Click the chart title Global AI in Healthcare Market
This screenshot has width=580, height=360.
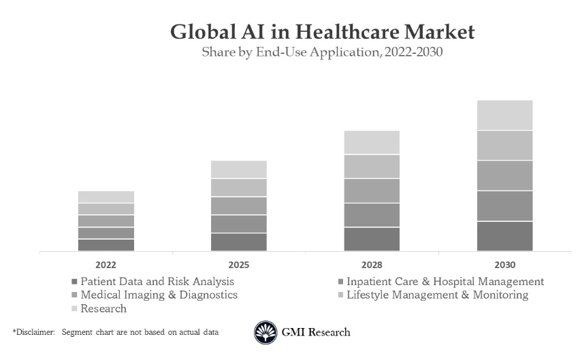322,32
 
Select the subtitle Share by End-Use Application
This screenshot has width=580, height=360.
322,52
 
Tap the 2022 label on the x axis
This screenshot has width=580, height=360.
106,265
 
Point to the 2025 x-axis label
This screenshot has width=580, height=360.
239,265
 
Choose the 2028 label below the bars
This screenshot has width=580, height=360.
372,265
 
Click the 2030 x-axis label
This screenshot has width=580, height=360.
504,265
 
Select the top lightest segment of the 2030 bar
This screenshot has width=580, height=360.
504,115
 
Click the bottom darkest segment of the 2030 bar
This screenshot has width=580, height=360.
504,236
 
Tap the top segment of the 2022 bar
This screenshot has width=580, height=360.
106,197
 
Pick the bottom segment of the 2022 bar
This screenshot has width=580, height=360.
106,245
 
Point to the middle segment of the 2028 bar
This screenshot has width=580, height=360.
372,191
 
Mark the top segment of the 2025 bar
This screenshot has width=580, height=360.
239,169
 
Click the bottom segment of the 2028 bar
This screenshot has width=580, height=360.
372,239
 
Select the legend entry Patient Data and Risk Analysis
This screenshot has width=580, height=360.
157,281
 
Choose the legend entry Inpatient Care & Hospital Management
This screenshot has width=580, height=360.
445,281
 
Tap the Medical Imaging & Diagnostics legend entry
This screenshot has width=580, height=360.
159,295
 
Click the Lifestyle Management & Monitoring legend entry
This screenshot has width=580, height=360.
437,295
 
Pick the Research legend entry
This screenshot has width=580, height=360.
103,308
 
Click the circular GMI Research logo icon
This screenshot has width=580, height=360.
265,332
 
